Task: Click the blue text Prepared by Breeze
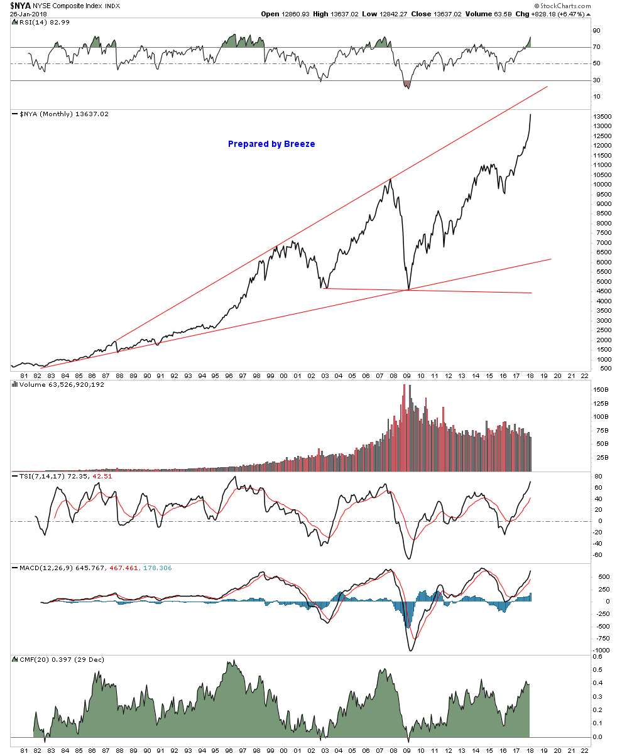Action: (271, 144)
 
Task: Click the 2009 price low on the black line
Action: (408, 289)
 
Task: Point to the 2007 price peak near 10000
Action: (390, 179)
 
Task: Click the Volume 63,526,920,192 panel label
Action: (62, 384)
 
